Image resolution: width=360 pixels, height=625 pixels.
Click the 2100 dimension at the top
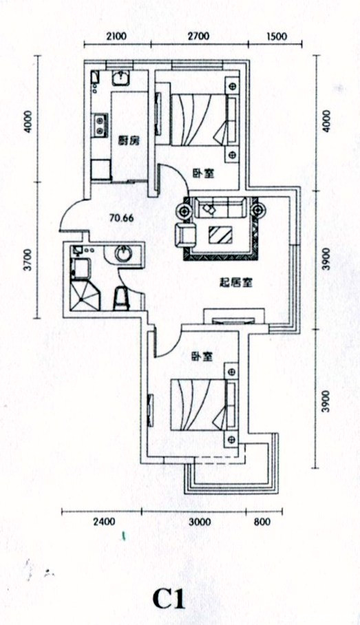[116, 36]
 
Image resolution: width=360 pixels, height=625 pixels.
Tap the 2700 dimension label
[198, 36]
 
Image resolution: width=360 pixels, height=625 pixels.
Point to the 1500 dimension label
[276, 36]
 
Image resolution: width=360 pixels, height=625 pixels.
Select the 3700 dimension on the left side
[27, 259]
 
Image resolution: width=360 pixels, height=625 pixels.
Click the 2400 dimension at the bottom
[104, 522]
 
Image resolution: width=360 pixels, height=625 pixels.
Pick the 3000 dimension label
[200, 522]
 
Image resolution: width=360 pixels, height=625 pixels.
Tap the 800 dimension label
[262, 522]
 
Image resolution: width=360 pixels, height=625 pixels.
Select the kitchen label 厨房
[129, 140]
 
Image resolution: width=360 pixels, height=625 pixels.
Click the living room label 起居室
[236, 283]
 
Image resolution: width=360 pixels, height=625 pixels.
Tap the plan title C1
[169, 598]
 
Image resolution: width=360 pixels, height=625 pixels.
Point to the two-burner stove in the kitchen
[100, 125]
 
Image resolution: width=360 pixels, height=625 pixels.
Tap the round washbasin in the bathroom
[123, 253]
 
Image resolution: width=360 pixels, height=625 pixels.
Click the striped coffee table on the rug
[220, 235]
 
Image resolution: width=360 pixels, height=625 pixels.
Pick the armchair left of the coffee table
[186, 235]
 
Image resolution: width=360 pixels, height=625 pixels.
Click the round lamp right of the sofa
[258, 210]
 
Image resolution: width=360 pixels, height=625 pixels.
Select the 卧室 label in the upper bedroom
[203, 173]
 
